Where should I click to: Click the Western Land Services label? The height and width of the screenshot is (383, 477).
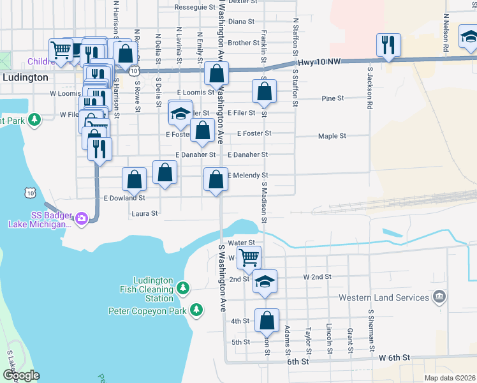tap(383, 297)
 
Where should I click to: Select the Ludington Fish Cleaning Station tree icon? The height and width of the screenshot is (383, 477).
tap(183, 289)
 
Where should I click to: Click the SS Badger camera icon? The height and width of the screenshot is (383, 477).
tap(81, 219)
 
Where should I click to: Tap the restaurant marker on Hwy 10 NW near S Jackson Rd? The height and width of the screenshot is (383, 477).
tap(388, 45)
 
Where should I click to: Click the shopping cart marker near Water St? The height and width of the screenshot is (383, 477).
tap(249, 257)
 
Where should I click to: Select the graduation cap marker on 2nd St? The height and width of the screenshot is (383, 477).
tap(265, 282)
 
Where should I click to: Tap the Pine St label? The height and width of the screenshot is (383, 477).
tap(333, 98)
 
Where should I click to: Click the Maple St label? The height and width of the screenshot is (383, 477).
tap(332, 136)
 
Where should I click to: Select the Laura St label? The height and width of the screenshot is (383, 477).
tap(144, 213)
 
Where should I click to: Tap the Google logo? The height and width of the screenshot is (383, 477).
tap(20, 375)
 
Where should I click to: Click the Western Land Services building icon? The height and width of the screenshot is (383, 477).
tap(439, 297)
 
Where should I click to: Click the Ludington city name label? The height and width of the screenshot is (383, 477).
tap(24, 77)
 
